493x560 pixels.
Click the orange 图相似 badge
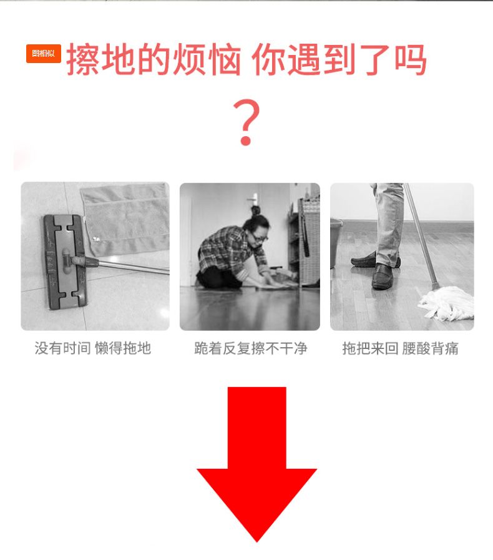[43, 54]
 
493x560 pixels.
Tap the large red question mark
[246, 122]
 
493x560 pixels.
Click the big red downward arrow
[256, 464]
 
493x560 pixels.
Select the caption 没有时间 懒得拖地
[93, 348]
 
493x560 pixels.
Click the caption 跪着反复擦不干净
[251, 348]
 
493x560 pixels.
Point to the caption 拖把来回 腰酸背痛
[400, 348]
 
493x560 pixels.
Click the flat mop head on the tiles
[65, 262]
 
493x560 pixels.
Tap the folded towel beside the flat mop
[125, 219]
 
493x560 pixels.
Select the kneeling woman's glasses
[260, 237]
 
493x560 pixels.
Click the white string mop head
[447, 302]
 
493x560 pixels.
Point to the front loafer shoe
[383, 277]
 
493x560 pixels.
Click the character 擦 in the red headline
[83, 59]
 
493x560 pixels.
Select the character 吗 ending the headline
[411, 59]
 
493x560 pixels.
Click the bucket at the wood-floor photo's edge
[336, 243]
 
